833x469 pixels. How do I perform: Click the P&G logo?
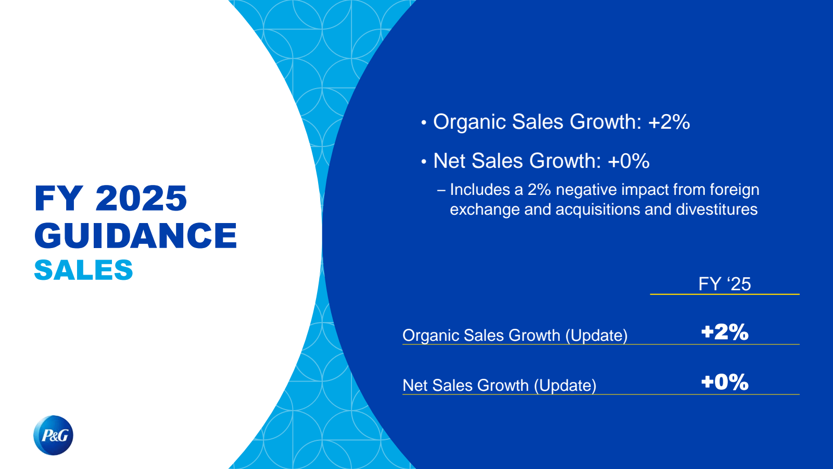(x=53, y=435)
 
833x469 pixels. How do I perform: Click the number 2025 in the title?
(x=141, y=199)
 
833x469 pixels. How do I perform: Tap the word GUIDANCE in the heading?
(x=135, y=236)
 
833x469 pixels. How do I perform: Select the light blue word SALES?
(x=83, y=270)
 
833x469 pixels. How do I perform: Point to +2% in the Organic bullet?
(x=669, y=122)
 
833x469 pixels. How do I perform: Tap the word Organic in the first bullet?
(x=469, y=122)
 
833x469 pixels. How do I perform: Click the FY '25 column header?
(x=724, y=284)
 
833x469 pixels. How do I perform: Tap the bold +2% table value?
(x=724, y=332)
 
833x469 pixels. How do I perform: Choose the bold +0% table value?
(x=724, y=382)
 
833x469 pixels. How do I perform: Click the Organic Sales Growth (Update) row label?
(x=515, y=335)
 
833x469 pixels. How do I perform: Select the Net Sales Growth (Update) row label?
(x=499, y=385)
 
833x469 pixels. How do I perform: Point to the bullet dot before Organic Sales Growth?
(x=424, y=123)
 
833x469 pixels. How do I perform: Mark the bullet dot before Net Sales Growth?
(x=424, y=162)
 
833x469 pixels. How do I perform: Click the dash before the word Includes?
(x=441, y=190)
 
